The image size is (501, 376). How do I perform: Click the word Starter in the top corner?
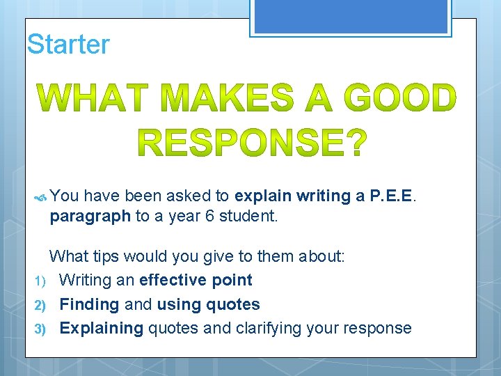pyautogui.click(x=68, y=45)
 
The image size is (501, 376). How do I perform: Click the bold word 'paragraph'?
pyautogui.click(x=90, y=216)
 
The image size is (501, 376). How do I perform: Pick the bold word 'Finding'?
pyautogui.click(x=89, y=305)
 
